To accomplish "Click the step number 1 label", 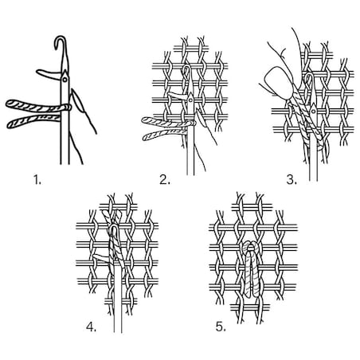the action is click(x=37, y=180).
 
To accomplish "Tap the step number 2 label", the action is click(x=165, y=180).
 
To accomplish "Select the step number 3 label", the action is click(x=292, y=180).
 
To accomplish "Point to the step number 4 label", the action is click(x=91, y=327).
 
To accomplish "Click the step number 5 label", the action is click(x=221, y=327).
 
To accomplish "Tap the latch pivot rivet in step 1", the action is click(x=65, y=79).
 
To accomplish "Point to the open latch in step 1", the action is click(x=49, y=74).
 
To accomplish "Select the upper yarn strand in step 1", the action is click(x=37, y=105).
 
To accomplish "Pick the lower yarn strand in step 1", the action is click(x=34, y=122).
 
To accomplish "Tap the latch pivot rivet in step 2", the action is click(x=190, y=100).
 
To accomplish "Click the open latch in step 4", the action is click(x=101, y=257).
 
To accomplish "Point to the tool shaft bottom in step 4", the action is click(x=118, y=332).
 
